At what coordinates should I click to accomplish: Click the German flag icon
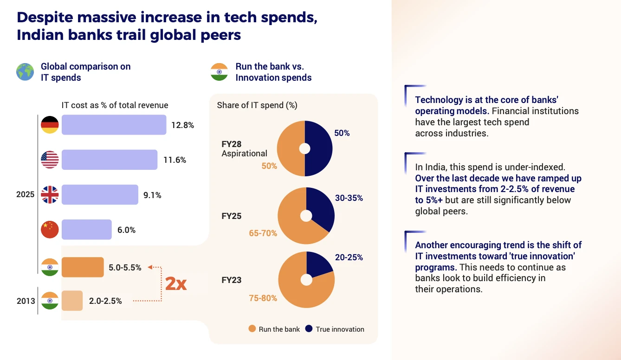[50, 125]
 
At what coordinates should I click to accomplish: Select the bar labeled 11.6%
[110, 160]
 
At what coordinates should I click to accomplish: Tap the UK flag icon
[50, 194]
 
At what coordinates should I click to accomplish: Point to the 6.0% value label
[126, 230]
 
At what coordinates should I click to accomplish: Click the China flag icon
[50, 230]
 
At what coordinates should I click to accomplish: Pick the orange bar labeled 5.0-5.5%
[83, 267]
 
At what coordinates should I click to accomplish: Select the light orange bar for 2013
[72, 301]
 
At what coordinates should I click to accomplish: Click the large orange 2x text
[176, 283]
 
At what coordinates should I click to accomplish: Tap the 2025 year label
[26, 194]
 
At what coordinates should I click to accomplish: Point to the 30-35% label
[349, 198]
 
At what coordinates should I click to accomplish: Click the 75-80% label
[263, 298]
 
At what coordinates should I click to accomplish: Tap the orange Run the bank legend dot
[252, 329]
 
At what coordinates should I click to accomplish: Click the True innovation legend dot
[309, 329]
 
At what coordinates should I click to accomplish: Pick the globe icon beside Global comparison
[25, 72]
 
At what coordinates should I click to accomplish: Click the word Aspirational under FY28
[245, 154]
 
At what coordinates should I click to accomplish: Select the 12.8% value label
[182, 125]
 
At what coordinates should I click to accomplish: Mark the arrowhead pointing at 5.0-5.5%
[150, 267]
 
